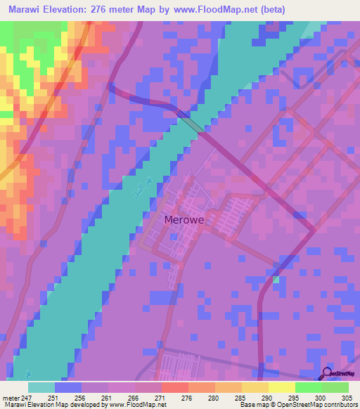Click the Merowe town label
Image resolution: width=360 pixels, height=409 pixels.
pyautogui.click(x=184, y=220)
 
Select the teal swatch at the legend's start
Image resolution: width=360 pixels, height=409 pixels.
pyautogui.click(x=41, y=387)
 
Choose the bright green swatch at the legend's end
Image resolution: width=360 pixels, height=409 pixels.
pyautogui.click(x=335, y=387)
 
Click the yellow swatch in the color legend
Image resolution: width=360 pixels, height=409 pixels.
pyautogui.click(x=282, y=387)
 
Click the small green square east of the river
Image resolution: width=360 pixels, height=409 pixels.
pyautogui.click(x=276, y=280)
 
